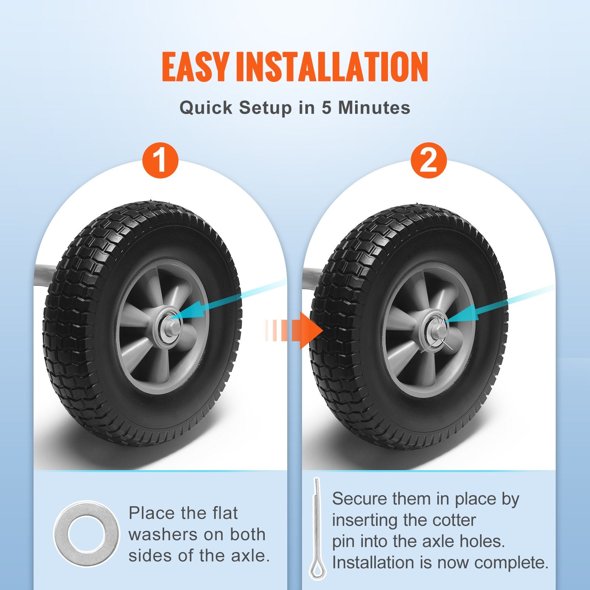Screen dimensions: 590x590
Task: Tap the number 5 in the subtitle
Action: coord(326,108)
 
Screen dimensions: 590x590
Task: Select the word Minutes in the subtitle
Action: coord(374,108)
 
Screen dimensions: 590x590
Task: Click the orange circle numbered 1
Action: coord(160,161)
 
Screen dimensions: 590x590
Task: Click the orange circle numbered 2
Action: coord(428,161)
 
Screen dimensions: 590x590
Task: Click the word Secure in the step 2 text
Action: coord(355,499)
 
